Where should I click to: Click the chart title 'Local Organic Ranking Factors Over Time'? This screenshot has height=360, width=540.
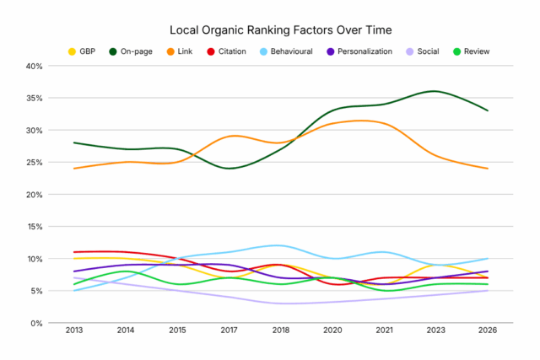coord(269,30)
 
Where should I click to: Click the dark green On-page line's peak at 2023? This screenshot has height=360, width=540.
coord(435,91)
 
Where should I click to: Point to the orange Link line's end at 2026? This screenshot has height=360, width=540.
coord(487,169)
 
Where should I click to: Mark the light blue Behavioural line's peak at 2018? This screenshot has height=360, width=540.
coord(280,245)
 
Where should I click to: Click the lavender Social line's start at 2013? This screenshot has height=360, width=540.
coord(74,277)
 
